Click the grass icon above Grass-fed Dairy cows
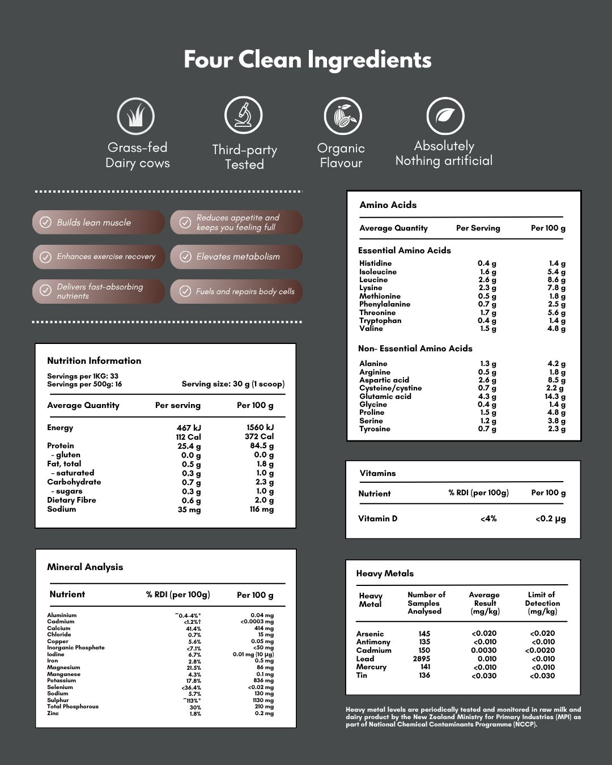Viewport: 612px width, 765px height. point(136,116)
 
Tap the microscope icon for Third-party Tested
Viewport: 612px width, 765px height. point(244,115)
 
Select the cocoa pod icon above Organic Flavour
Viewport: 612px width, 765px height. point(343,116)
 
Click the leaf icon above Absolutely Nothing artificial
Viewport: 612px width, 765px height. point(445,116)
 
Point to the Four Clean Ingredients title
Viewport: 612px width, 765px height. point(307,60)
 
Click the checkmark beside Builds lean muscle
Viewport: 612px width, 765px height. point(45,223)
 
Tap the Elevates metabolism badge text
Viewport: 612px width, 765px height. point(238,257)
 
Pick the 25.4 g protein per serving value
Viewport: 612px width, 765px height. point(189,446)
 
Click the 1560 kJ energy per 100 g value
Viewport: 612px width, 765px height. point(260,428)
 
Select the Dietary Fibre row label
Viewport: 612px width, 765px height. point(71,500)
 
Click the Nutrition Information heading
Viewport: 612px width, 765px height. point(94,361)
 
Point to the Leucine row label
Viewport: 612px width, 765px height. point(373,280)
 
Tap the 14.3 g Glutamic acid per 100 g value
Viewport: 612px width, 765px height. point(555,397)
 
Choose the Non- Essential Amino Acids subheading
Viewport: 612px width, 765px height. point(415,348)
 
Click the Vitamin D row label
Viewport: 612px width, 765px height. point(378,518)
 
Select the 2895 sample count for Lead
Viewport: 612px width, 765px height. point(422,659)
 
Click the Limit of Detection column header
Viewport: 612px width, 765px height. point(542,603)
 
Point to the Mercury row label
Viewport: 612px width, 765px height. point(371,667)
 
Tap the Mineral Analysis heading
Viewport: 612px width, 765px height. point(85,567)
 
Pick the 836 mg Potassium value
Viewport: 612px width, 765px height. point(263,681)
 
